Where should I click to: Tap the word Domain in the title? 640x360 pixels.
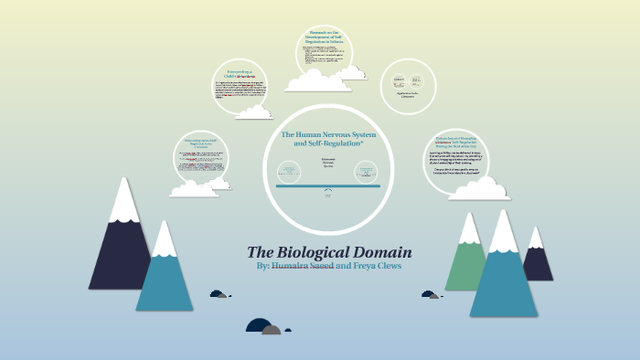[385, 251]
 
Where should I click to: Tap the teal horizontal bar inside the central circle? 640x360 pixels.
[327, 185]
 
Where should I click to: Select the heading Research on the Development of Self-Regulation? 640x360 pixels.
[325, 40]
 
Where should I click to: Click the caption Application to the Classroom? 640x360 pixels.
[407, 94]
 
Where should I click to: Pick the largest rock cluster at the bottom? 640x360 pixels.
[263, 326]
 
